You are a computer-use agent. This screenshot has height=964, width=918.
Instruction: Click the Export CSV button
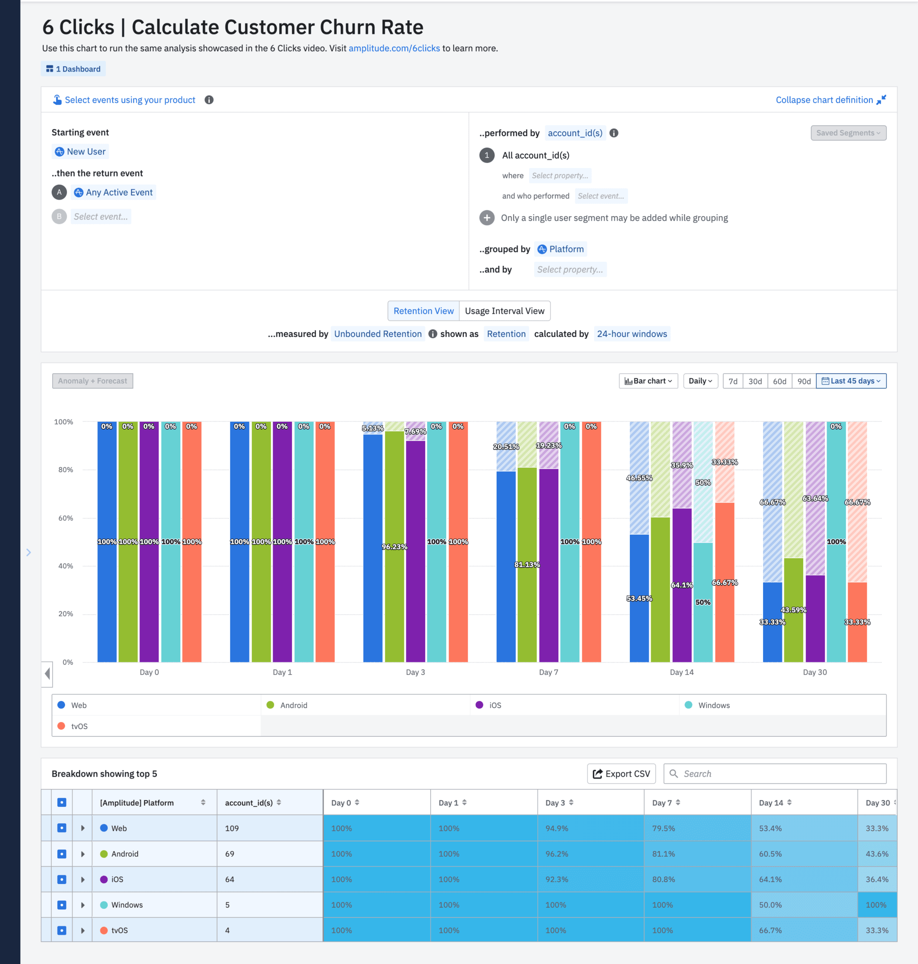point(621,774)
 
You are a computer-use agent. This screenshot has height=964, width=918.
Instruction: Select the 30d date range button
point(755,381)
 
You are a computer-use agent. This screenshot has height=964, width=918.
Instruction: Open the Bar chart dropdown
point(648,381)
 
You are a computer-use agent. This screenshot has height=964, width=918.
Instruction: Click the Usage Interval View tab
point(504,311)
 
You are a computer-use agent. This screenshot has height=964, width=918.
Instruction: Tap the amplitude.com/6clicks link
point(394,48)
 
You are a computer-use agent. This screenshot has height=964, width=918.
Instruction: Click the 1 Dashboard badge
point(73,69)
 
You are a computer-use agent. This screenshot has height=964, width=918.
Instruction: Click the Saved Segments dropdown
point(847,133)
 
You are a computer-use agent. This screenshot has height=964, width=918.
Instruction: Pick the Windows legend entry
point(714,705)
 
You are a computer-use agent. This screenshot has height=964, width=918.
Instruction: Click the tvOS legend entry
point(79,726)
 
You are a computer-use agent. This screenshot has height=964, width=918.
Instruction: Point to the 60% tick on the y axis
point(65,518)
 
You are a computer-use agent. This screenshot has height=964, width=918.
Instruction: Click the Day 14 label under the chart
point(681,672)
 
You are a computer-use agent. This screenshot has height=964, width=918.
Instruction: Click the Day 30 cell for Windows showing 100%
point(877,905)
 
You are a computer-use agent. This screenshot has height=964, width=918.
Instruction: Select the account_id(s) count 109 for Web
point(232,828)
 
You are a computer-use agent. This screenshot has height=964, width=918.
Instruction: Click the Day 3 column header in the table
point(556,803)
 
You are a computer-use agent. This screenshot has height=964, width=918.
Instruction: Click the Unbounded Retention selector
point(377,334)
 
